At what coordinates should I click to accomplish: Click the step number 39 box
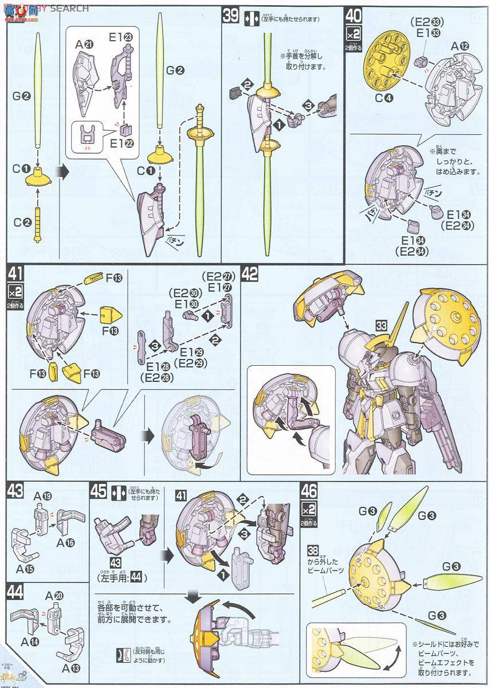coord(230,15)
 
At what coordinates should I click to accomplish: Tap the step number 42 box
coord(249,275)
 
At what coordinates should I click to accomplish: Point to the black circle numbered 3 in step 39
coord(308,105)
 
